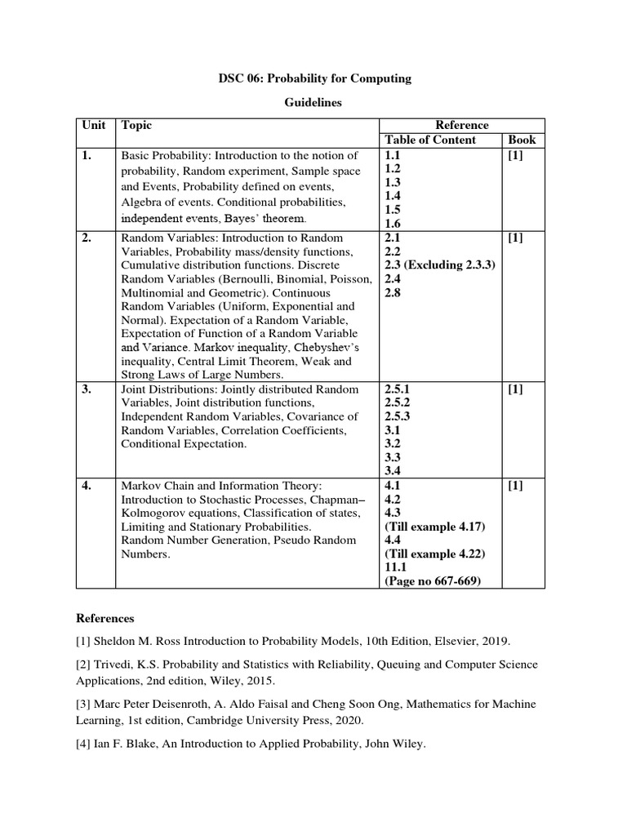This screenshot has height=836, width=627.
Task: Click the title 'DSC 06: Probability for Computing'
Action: (313, 78)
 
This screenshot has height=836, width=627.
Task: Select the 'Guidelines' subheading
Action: (313, 104)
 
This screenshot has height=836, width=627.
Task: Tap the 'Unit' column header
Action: (94, 125)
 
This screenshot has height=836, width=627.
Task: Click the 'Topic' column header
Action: (136, 125)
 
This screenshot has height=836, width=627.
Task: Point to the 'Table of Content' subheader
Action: (429, 140)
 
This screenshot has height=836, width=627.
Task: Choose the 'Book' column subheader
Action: (521, 140)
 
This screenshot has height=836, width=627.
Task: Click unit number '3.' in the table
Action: (87, 389)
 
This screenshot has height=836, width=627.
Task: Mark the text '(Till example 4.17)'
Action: (433, 527)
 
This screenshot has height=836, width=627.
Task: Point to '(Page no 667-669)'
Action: (432, 580)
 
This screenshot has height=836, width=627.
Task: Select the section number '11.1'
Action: (395, 567)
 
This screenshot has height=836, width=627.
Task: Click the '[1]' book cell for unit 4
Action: (515, 485)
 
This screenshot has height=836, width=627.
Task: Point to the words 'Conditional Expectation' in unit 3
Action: (183, 444)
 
